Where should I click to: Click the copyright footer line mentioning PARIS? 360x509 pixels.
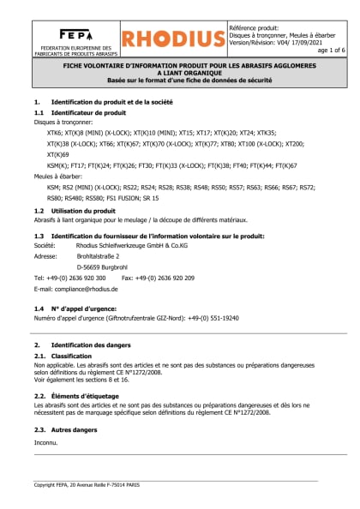pos(89,485)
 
